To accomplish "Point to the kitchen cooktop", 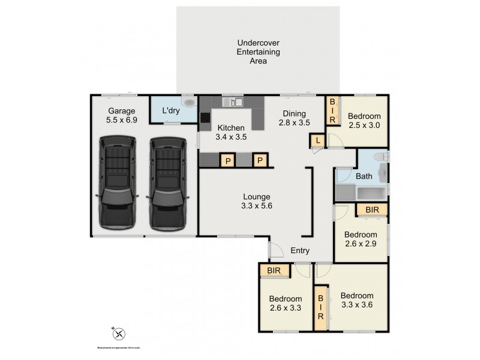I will pyautogui.click(x=205, y=118).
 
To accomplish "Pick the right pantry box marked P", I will pyautogui.click(x=260, y=160).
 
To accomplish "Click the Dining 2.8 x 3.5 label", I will pyautogui.click(x=294, y=118).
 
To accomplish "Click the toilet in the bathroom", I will pyautogui.click(x=380, y=158).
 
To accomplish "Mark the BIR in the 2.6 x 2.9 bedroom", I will pyautogui.click(x=371, y=209).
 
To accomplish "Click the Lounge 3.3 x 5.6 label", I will pyautogui.click(x=256, y=201).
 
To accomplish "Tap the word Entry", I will pyautogui.click(x=300, y=251).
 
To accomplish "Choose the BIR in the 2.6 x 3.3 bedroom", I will pyautogui.click(x=274, y=271).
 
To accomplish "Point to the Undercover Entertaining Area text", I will pyautogui.click(x=258, y=52).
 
